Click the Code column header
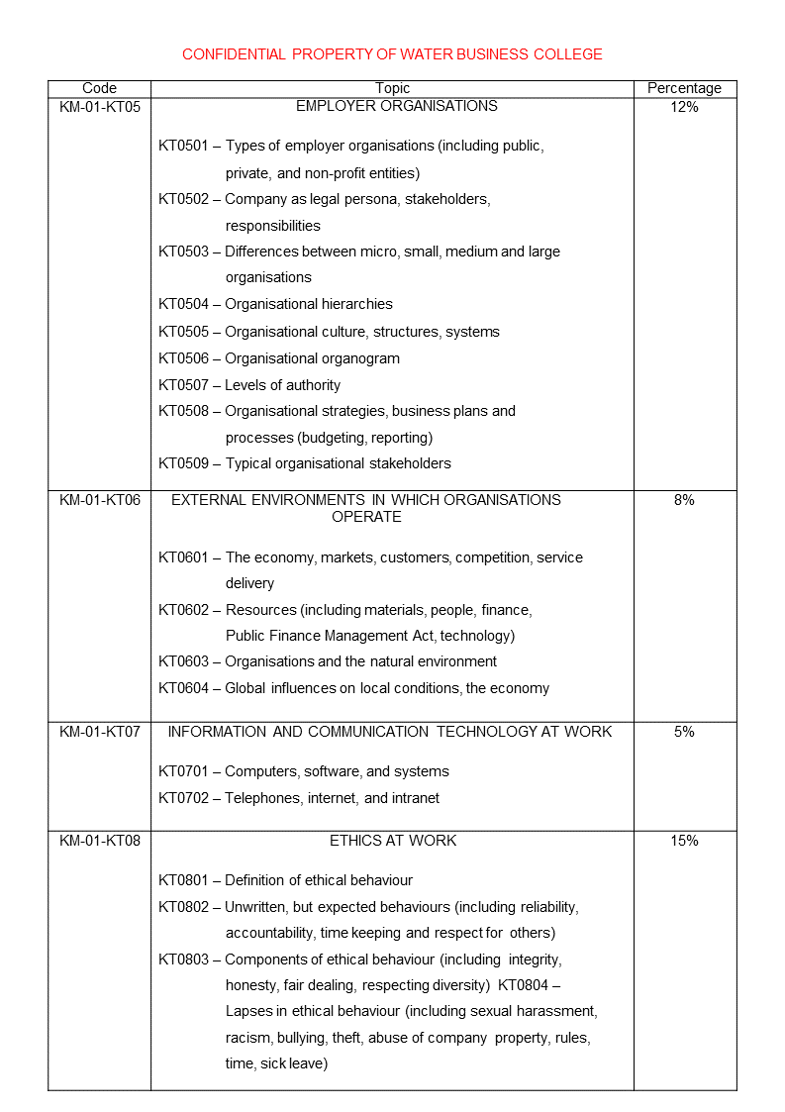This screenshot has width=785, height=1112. [x=99, y=88]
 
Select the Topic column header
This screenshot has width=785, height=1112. [x=392, y=88]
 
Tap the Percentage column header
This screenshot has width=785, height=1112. [x=684, y=88]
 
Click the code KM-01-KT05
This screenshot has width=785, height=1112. [x=99, y=107]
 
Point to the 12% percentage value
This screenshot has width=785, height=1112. [x=684, y=107]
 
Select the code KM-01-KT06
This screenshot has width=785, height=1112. [x=99, y=500]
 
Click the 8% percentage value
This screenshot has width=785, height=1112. [x=684, y=500]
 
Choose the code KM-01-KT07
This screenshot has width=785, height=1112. [x=99, y=732]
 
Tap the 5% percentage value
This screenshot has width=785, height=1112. [x=684, y=732]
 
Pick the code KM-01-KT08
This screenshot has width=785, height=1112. [x=99, y=841]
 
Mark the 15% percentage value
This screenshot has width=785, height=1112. [x=684, y=841]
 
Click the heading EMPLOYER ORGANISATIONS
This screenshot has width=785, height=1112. [x=396, y=106]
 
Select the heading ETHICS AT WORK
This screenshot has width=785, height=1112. [x=393, y=841]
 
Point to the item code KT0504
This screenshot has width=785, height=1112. [x=183, y=304]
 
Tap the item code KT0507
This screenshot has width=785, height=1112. [x=183, y=385]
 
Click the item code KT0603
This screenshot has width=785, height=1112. [x=183, y=661]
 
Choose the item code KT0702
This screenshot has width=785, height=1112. [x=183, y=798]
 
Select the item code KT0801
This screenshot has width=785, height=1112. [x=183, y=880]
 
